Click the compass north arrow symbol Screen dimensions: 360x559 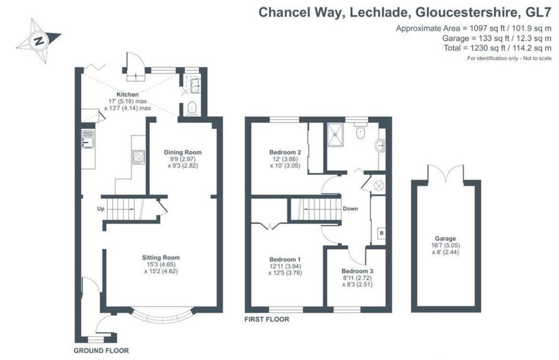click(39, 41)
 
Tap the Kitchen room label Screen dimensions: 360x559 click(127, 95)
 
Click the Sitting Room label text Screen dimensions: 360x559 click(161, 257)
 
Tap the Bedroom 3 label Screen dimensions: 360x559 click(357, 271)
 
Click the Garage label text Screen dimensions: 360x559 click(445, 238)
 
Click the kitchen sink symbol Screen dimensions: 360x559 click(88, 139)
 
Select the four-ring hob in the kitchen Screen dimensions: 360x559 click(139, 157)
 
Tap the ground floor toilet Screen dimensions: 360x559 click(192, 108)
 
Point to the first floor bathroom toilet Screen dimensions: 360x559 click(360, 132)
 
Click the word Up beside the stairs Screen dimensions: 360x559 click(101, 209)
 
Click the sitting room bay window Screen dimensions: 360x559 click(162, 316)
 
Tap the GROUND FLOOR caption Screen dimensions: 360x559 click(101, 351)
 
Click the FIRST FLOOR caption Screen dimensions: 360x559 click(267, 319)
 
